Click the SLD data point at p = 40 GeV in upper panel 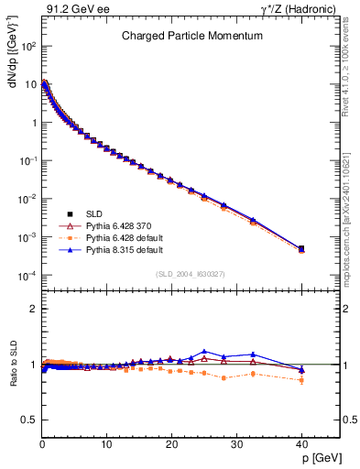[301, 248]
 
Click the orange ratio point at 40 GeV [301, 379]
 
